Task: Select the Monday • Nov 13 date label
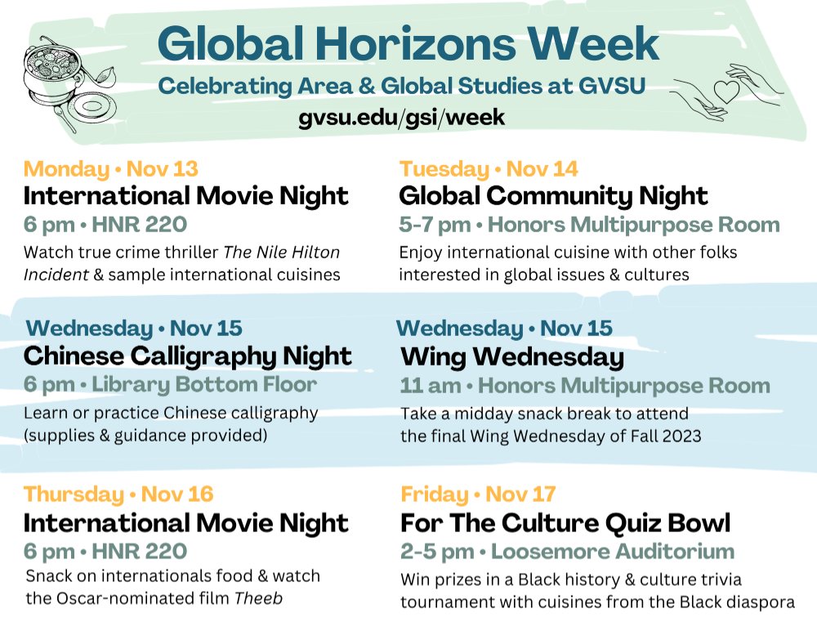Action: click(x=111, y=169)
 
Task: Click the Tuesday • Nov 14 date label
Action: click(x=489, y=169)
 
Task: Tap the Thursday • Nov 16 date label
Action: click(x=118, y=494)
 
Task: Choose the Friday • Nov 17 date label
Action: click(x=478, y=494)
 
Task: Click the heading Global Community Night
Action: click(x=553, y=196)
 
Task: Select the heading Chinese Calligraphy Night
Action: click(x=188, y=356)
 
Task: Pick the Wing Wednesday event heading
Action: click(x=512, y=357)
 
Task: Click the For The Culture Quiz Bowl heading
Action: click(x=565, y=522)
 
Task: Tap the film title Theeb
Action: click(x=258, y=597)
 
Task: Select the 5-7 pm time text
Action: click(x=435, y=224)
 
